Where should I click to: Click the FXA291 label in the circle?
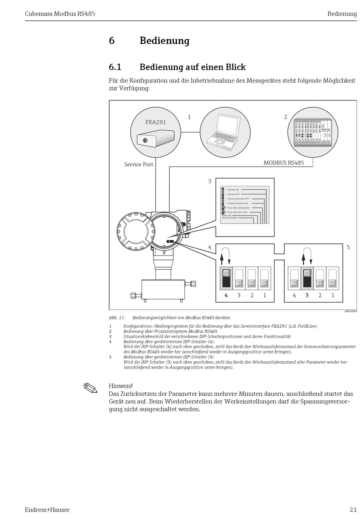[x=155, y=122]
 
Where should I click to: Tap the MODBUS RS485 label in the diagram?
[x=283, y=163]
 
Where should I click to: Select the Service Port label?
[x=139, y=164]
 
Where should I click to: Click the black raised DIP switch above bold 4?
[x=226, y=278]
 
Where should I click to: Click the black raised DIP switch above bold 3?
[x=307, y=278]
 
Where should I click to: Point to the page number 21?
[x=353, y=510]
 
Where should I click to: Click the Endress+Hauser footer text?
[x=47, y=510]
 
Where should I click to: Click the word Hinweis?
[x=121, y=386]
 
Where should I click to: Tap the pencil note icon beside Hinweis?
[x=91, y=388]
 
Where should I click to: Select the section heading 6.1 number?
[x=115, y=67]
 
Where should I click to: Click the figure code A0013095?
[x=351, y=311]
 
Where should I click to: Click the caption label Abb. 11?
[x=117, y=318]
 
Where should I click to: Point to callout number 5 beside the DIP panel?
[x=348, y=247]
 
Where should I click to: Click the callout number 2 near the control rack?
[x=285, y=117]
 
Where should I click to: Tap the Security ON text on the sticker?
[x=233, y=189]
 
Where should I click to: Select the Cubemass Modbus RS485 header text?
[x=60, y=14]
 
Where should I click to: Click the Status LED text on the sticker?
[x=227, y=215]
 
